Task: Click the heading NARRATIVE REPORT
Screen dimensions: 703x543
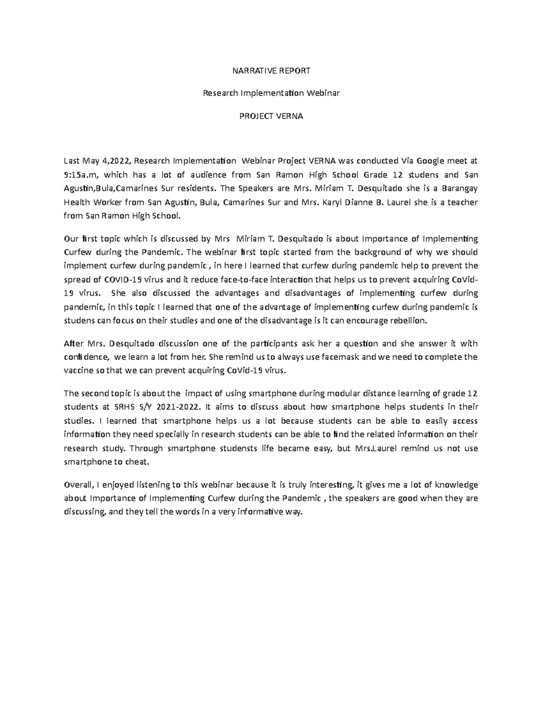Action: [x=271, y=71]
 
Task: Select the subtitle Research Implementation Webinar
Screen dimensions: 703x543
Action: [x=271, y=93]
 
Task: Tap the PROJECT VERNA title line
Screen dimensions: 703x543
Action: [x=271, y=116]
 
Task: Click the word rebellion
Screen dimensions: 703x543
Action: [x=410, y=320]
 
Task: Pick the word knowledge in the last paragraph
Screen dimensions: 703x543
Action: [x=456, y=485]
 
